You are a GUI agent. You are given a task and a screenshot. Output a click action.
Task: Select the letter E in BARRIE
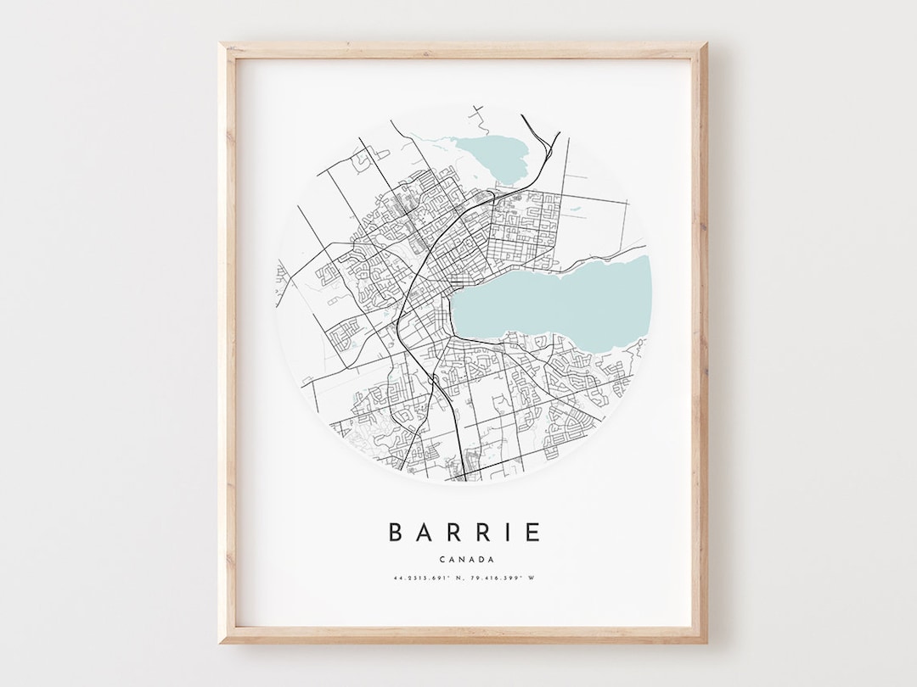(x=532, y=532)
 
